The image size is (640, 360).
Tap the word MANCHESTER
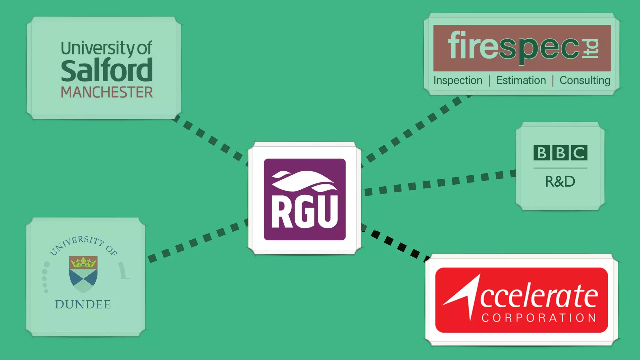pos(107,92)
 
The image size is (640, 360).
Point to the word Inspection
pos(458,80)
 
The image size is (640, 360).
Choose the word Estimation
pos(521,80)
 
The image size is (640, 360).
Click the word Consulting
pos(585,80)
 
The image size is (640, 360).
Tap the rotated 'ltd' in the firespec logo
pos(590,48)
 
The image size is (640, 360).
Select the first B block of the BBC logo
pos(541,153)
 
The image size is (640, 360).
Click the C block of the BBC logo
pos(579,153)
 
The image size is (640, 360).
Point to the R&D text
pos(560,182)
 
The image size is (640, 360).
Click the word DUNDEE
pos(83,304)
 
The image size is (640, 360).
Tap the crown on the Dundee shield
pos(83,262)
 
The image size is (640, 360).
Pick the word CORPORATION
pos(539,318)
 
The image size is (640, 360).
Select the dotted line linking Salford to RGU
pos(212,140)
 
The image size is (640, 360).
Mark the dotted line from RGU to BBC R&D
pos(441,183)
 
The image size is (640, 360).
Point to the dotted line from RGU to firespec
pos(416,128)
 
